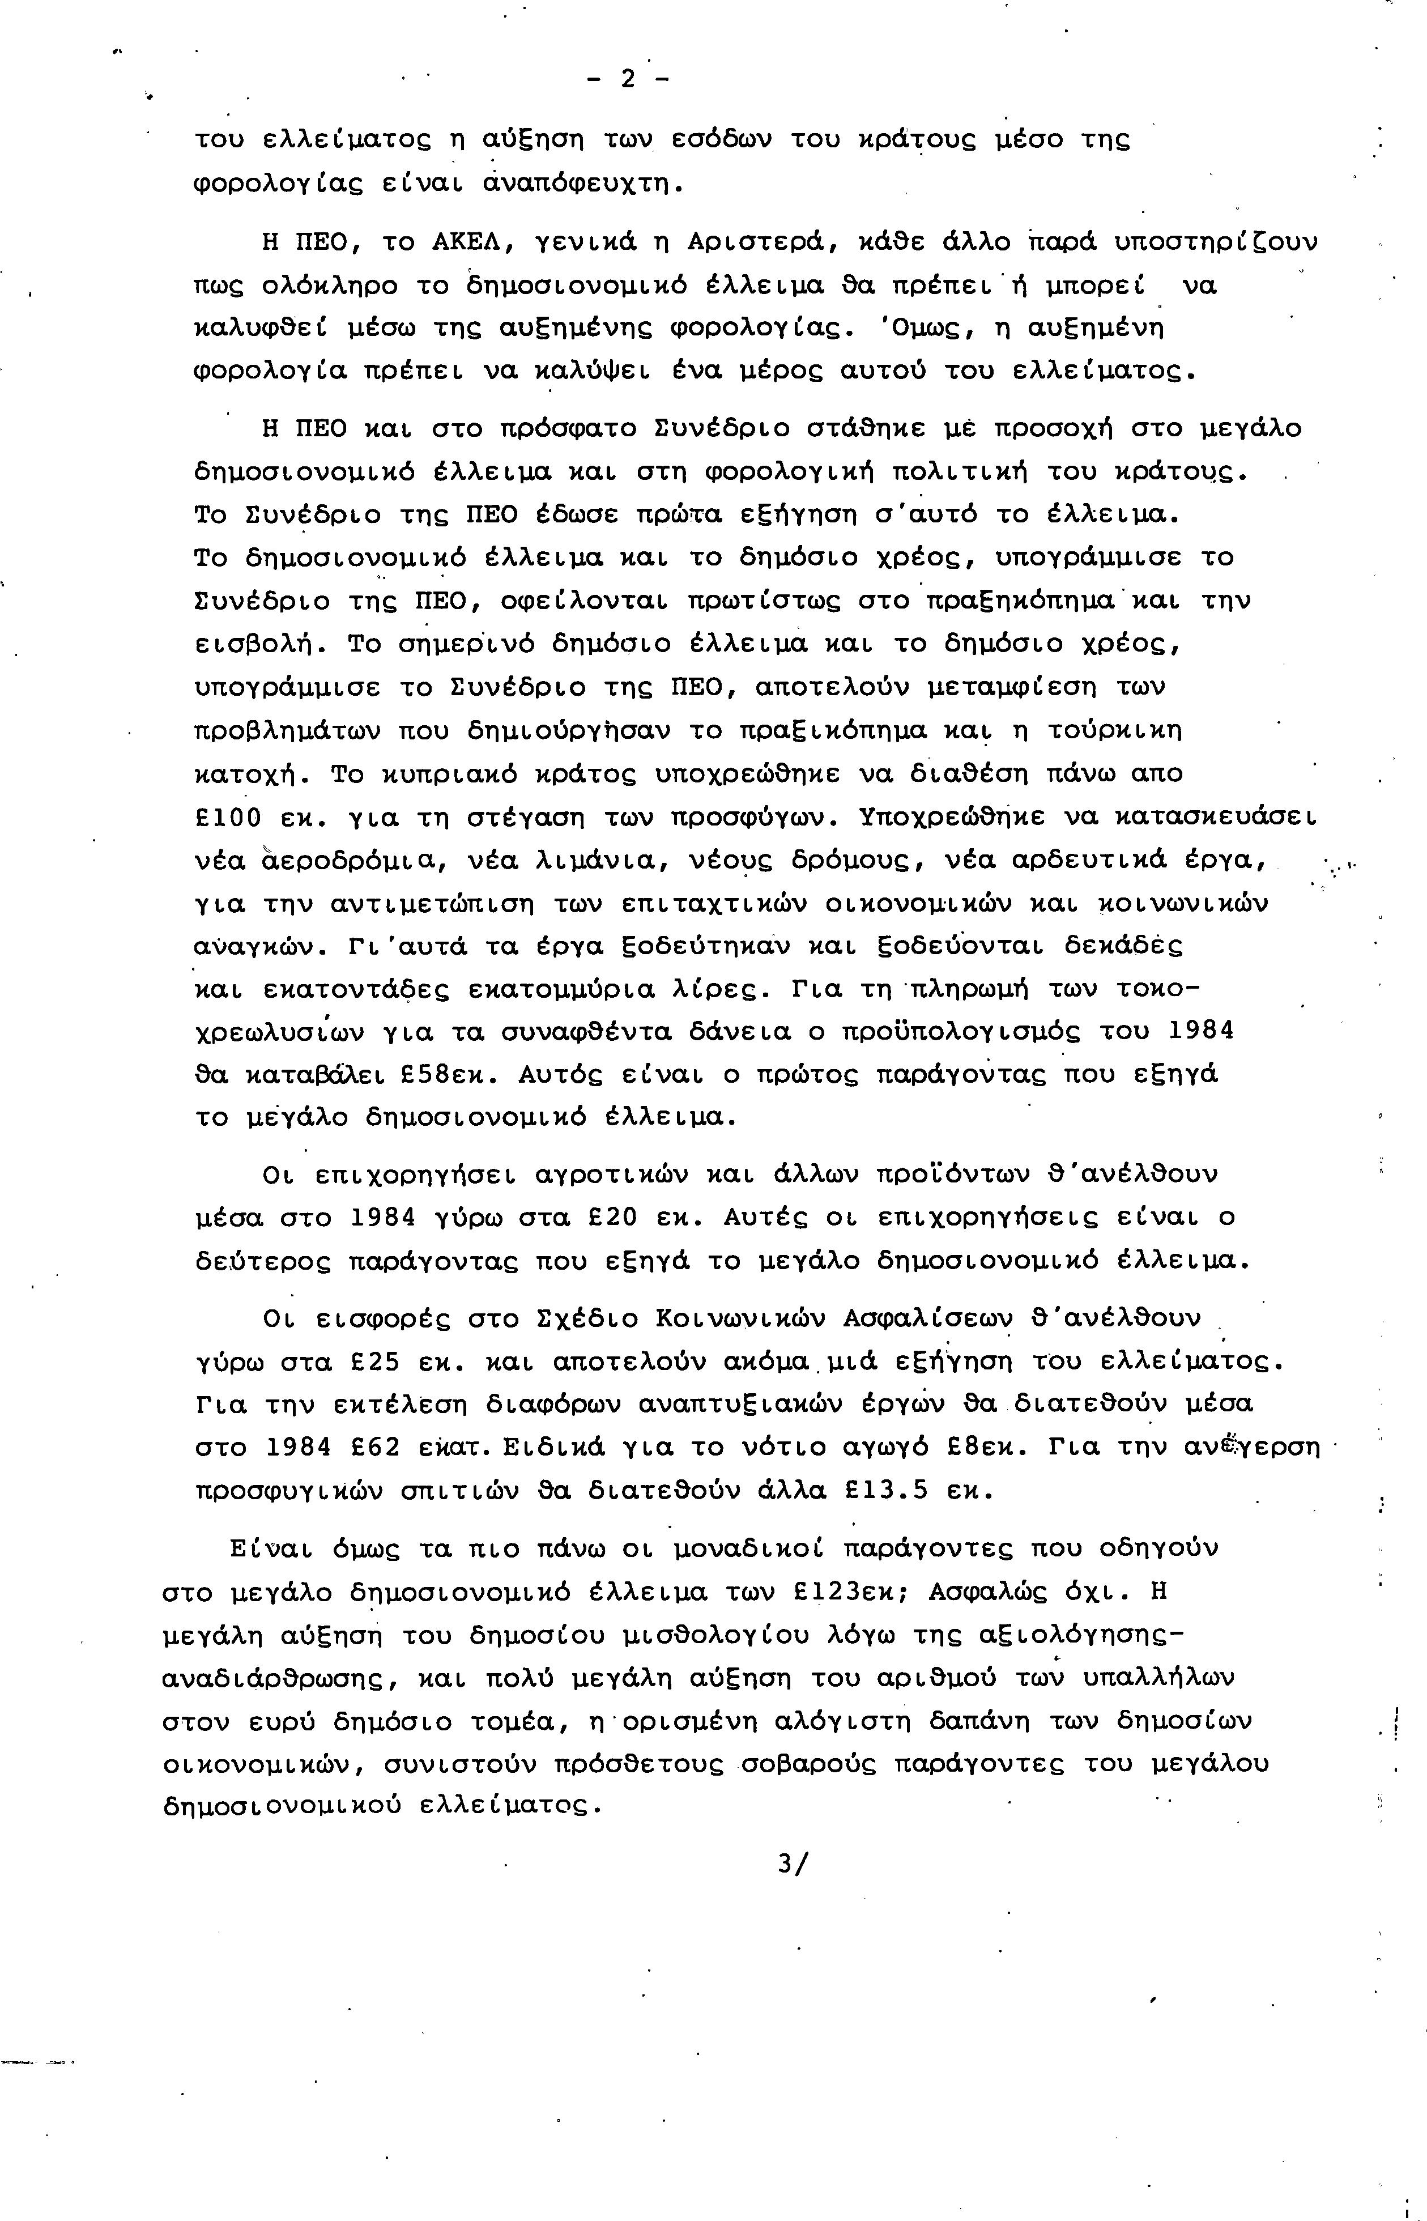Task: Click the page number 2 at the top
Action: point(628,80)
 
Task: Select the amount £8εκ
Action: point(987,1447)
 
